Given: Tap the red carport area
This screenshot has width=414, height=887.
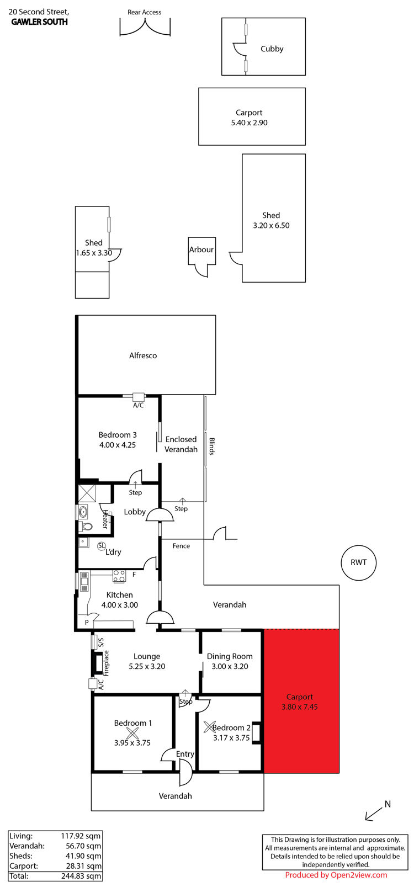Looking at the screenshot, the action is tap(301, 701).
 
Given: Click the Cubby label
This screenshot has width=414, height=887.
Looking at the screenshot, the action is tap(272, 49).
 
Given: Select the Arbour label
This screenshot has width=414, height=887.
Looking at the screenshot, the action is tap(201, 249).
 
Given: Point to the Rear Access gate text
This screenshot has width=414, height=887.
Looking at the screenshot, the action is tap(144, 12).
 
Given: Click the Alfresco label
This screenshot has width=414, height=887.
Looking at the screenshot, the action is tap(143, 355).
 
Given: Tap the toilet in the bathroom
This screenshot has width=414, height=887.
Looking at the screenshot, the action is tap(86, 527).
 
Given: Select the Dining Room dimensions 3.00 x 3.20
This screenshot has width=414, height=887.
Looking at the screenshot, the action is tap(230, 666).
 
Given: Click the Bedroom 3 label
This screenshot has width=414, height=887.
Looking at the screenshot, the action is tap(118, 435).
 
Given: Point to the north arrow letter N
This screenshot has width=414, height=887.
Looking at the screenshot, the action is tap(388, 804).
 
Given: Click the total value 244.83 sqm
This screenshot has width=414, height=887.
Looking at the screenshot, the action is tap(81, 877).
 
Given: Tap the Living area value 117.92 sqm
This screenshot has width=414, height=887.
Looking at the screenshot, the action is tap(81, 836).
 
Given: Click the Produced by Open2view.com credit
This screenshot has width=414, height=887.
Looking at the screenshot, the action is tap(336, 875).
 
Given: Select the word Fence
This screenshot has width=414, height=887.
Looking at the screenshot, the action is tap(181, 546).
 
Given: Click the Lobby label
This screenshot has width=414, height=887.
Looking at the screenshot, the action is tap(135, 512).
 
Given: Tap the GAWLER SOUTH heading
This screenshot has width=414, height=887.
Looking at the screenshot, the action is tap(39, 22).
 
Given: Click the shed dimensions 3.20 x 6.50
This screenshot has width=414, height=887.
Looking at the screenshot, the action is tap(272, 225).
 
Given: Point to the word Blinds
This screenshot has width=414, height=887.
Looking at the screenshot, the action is tap(211, 447).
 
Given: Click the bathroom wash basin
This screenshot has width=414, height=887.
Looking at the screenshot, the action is tap(83, 512).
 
